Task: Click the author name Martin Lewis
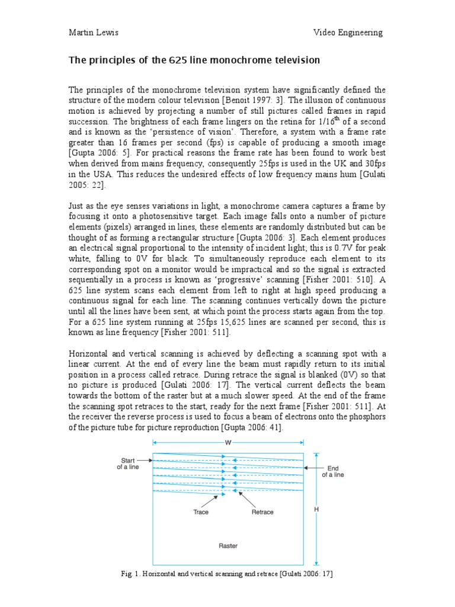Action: click(93, 33)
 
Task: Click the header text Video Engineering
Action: click(348, 33)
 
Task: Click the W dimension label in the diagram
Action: click(228, 442)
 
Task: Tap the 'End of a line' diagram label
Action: click(332, 471)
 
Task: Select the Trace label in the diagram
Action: click(201, 512)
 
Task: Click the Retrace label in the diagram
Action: click(262, 512)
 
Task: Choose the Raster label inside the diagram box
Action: click(228, 545)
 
